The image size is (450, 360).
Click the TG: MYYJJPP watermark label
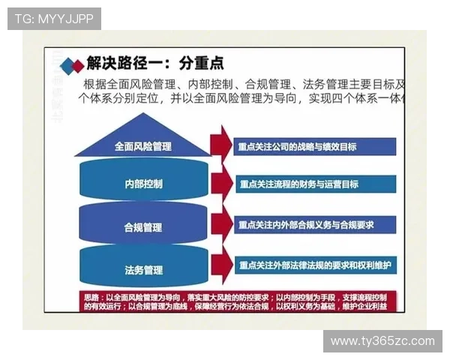[x=54, y=19]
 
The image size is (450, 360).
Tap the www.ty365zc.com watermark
[x=382, y=341]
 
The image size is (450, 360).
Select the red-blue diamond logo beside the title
[x=71, y=64]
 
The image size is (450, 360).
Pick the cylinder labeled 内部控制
[x=143, y=183]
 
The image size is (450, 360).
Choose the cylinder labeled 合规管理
[x=143, y=226]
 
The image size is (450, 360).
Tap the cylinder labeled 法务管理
[x=143, y=268]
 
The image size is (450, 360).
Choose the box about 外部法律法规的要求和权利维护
[x=315, y=265]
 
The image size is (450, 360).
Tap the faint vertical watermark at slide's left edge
[x=58, y=82]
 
